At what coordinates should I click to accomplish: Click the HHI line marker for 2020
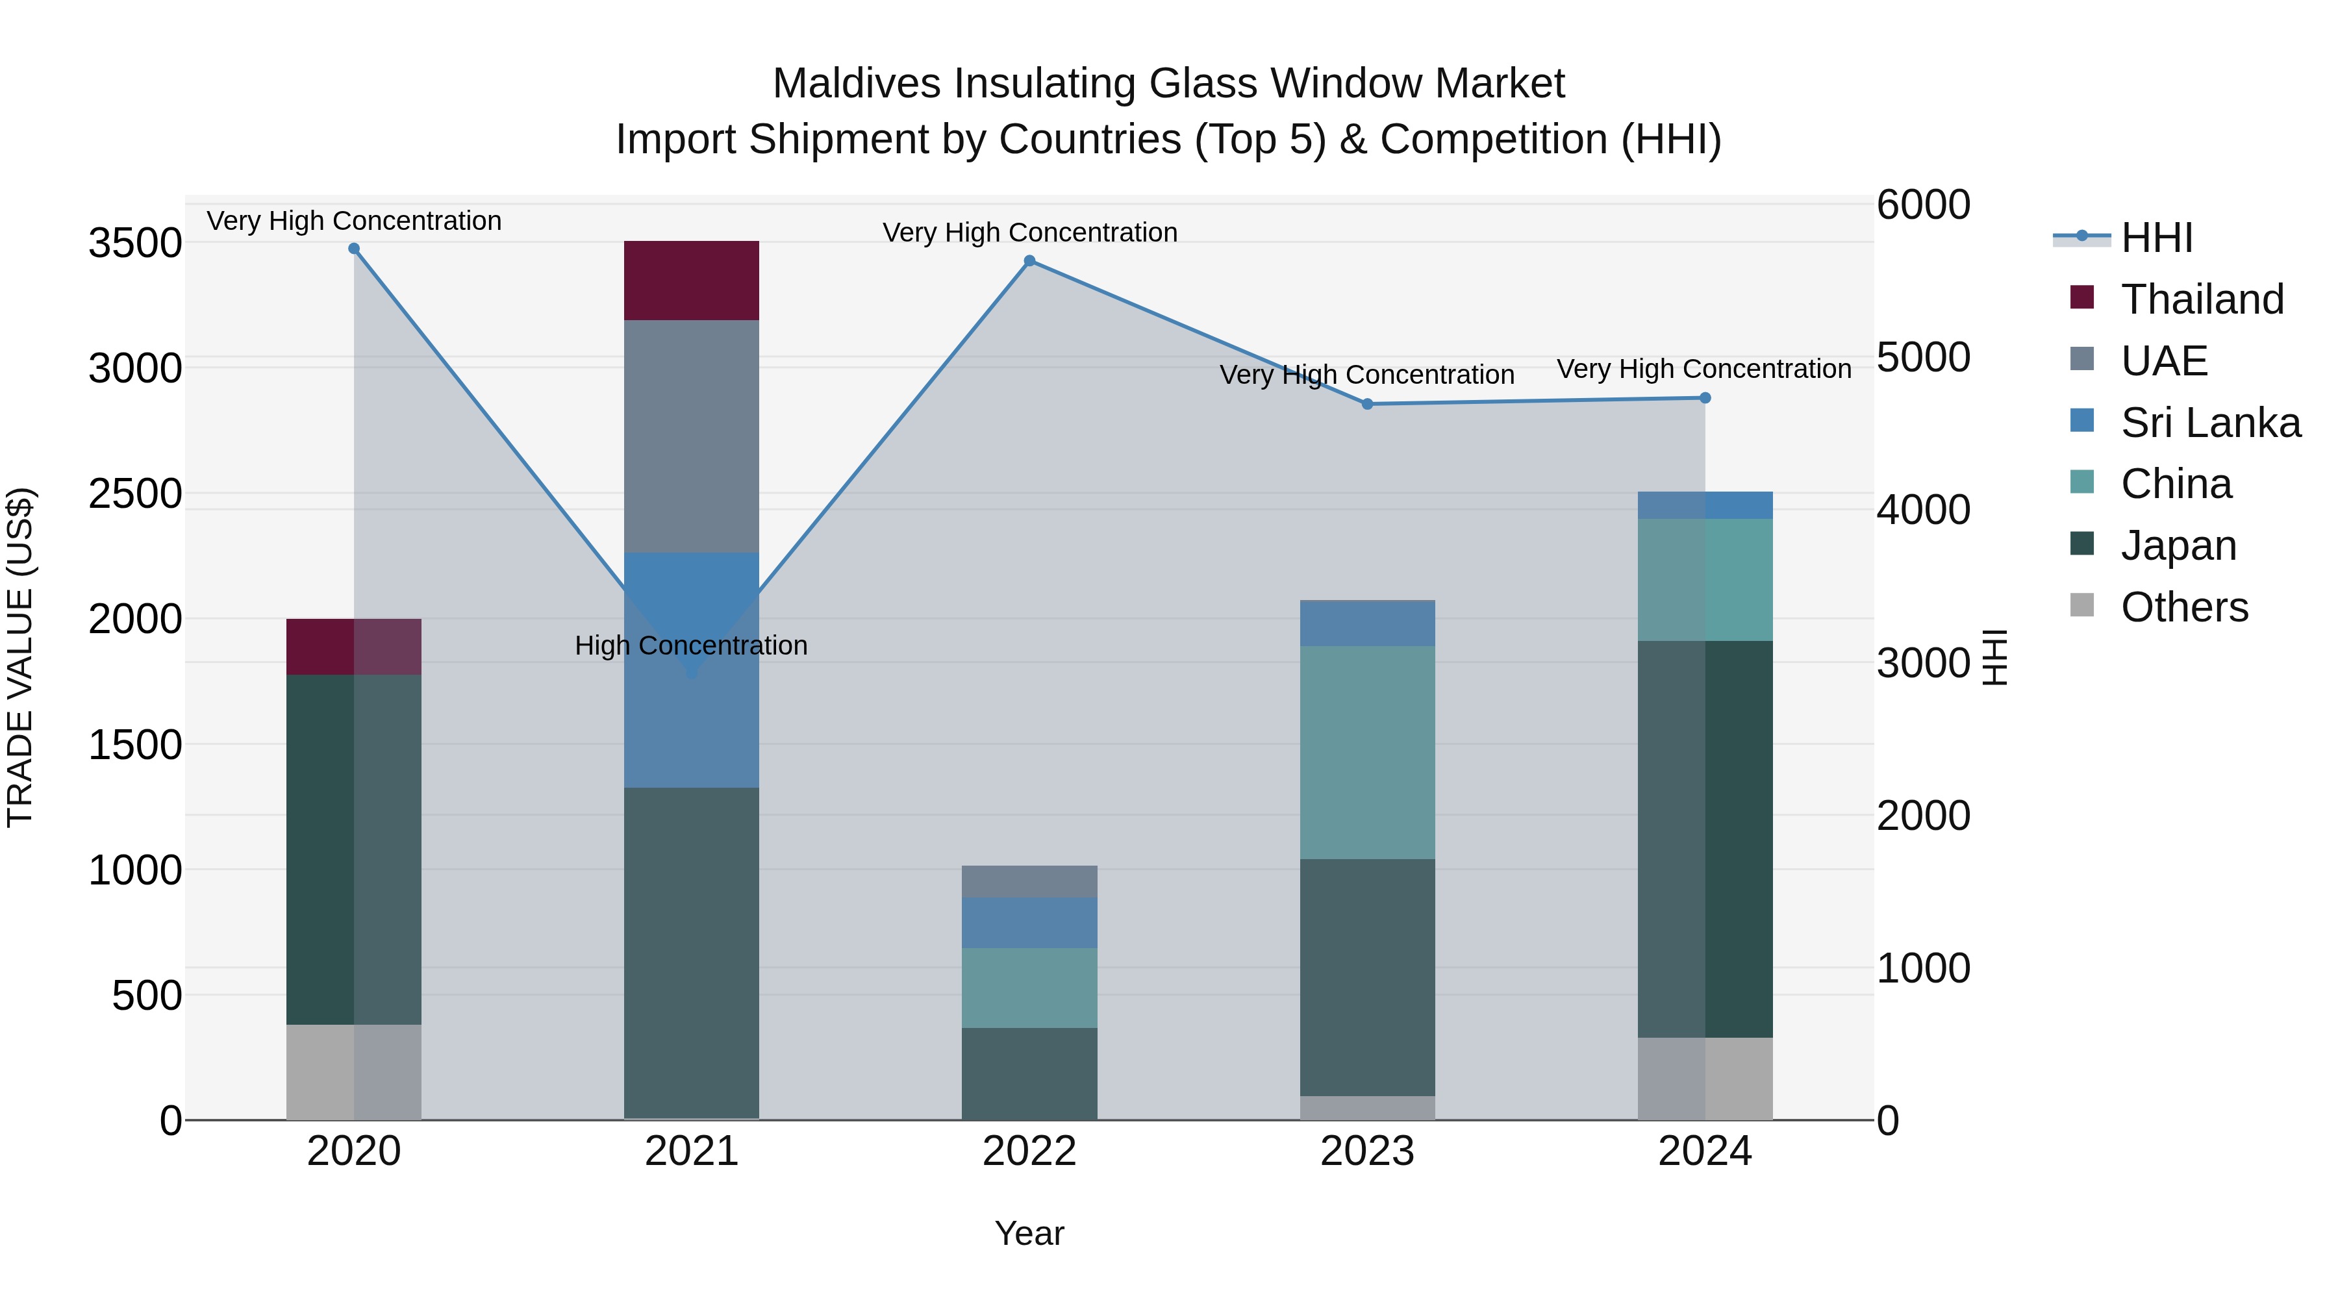click(354, 249)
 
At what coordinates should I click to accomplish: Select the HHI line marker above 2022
click(1029, 261)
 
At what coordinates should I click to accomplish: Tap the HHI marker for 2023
click(1367, 404)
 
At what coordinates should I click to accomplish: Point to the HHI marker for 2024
click(1705, 397)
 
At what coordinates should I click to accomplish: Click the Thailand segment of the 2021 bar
click(692, 281)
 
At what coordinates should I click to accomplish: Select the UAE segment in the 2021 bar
click(692, 436)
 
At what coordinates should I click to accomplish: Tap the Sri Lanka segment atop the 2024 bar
click(1705, 505)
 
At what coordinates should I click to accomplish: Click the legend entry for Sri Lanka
click(2210, 423)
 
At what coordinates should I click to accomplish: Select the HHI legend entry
click(2156, 238)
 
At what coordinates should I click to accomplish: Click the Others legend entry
click(2183, 607)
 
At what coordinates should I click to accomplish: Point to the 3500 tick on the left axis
click(134, 244)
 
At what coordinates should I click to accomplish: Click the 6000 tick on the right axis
click(1923, 205)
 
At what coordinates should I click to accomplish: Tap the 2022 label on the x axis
click(1029, 1151)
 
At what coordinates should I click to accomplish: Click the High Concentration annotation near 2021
click(691, 645)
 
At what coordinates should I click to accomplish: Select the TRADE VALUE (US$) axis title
click(20, 657)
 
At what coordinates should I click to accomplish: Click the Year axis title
click(1029, 1233)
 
